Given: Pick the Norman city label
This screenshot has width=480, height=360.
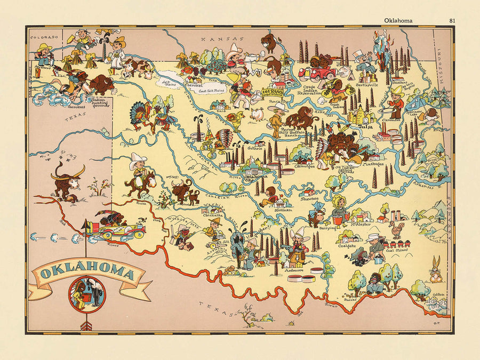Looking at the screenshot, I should pyautogui.click(x=283, y=210).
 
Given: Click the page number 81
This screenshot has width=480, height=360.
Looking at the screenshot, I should pyautogui.click(x=452, y=21).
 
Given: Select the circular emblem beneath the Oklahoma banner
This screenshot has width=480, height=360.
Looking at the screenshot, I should pyautogui.click(x=87, y=294).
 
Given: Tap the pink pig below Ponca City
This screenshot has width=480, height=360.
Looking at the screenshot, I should pyautogui.click(x=257, y=114).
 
